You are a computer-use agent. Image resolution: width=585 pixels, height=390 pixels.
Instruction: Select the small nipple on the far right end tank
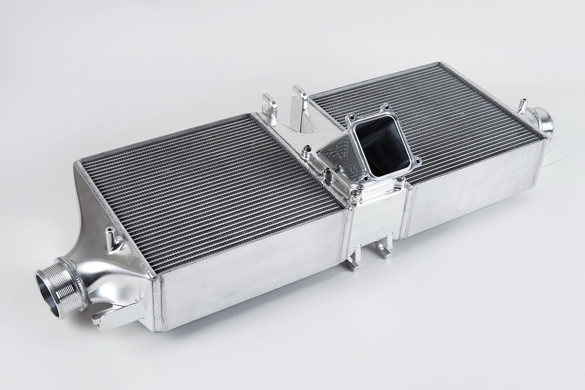pyautogui.click(x=522, y=106)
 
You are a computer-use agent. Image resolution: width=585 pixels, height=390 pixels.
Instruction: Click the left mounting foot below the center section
pyautogui.click(x=354, y=260)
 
